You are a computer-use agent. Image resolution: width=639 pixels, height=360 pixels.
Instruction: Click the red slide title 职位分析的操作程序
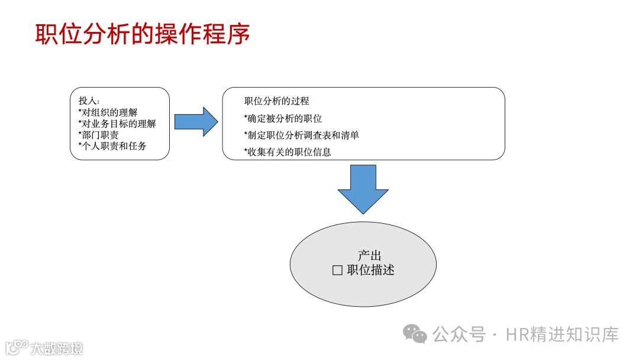point(143,34)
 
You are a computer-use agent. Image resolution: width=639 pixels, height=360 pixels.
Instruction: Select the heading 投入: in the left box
point(89,101)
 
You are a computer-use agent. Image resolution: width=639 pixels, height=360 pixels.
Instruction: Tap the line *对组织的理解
point(108,112)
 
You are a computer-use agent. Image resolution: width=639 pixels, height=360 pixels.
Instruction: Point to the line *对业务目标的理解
point(117,124)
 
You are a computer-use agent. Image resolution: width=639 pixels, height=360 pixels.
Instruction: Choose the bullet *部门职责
point(98,135)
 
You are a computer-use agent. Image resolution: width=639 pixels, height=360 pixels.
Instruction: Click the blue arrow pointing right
point(196,122)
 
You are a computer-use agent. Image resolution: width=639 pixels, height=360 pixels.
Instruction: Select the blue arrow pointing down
point(363,189)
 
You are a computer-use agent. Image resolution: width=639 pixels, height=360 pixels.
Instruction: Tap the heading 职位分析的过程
point(276,101)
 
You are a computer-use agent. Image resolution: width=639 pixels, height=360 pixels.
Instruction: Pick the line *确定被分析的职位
point(283,118)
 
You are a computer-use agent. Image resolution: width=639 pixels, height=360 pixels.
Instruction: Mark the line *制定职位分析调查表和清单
point(301,135)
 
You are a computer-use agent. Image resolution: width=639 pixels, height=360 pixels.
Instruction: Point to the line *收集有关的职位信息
point(288,152)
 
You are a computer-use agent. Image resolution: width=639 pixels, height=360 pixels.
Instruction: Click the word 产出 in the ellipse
point(369,256)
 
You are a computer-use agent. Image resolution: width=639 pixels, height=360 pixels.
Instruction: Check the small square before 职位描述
point(338,271)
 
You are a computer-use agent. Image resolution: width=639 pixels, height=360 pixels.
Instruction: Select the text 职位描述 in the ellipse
point(370,271)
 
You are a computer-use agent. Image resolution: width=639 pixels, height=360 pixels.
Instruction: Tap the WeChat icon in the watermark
point(415,335)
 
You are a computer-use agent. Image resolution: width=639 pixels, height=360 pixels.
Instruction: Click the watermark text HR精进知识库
point(562,335)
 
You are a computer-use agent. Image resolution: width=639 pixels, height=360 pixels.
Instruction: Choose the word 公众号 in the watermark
point(460,335)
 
